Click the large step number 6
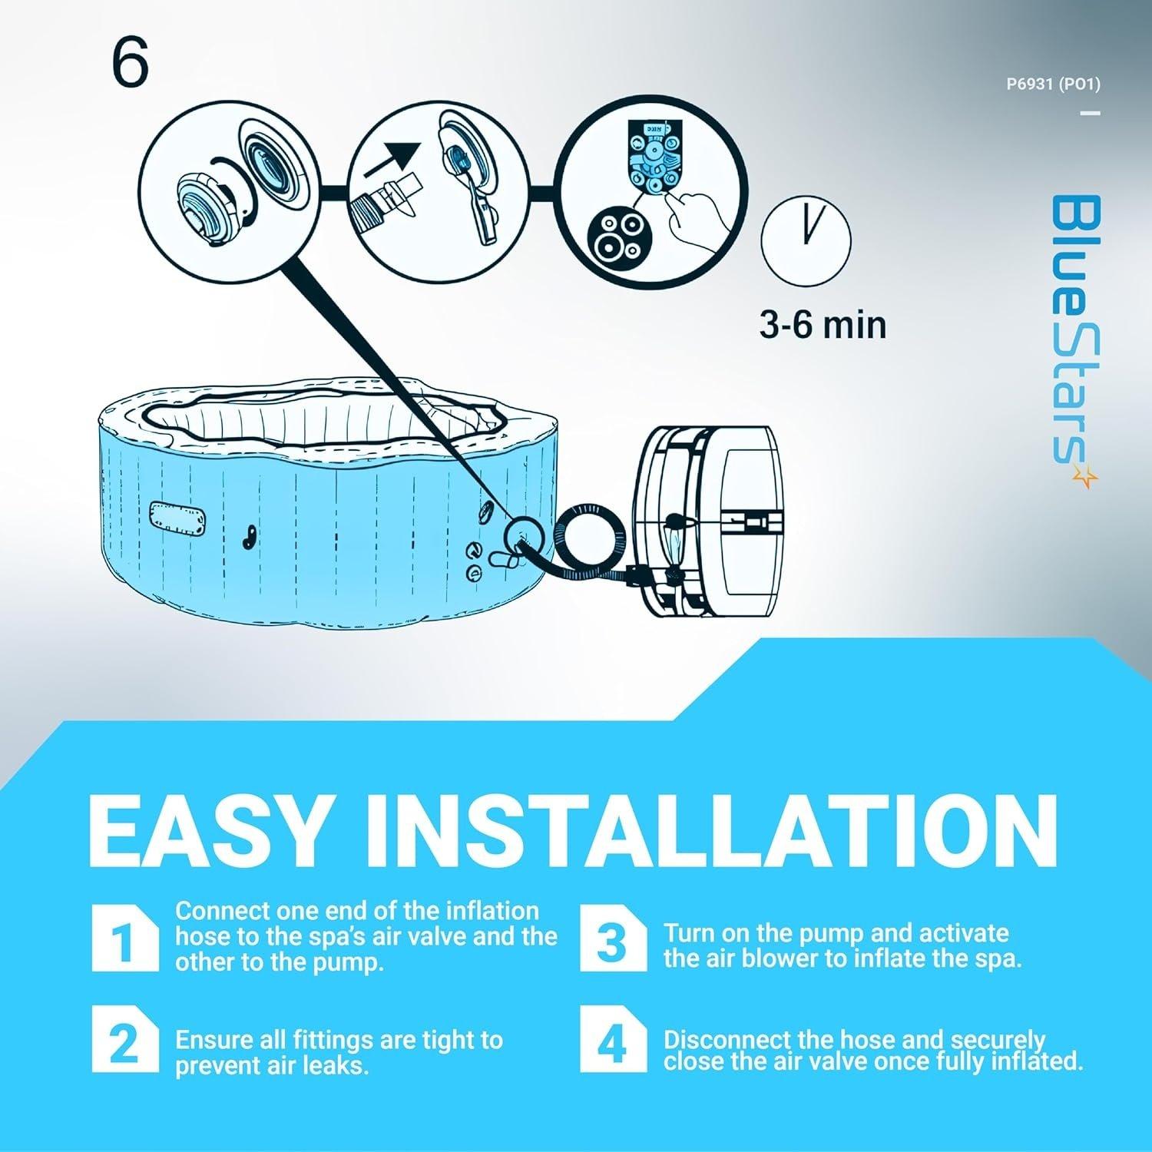[130, 65]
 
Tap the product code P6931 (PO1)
[1053, 84]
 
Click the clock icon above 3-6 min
[806, 241]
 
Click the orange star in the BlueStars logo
[1085, 478]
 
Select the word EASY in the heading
[209, 831]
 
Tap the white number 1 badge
[124, 938]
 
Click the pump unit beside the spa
[707, 522]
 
